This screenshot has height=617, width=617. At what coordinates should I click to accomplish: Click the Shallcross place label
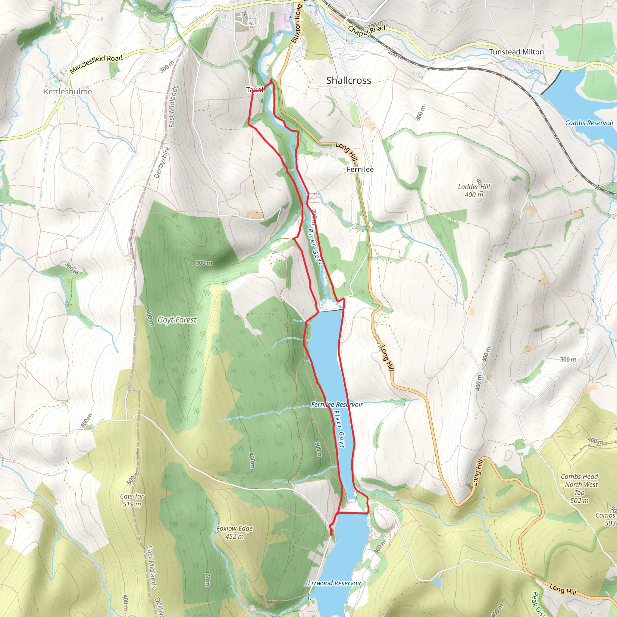[349, 80]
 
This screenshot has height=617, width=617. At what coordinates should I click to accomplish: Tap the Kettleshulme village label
[68, 92]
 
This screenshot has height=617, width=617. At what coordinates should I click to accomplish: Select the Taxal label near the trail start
[255, 90]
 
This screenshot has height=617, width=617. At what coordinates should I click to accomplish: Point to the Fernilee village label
[360, 169]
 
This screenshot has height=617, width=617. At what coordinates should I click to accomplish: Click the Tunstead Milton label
[516, 52]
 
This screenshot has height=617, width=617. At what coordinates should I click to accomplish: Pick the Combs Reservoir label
[589, 123]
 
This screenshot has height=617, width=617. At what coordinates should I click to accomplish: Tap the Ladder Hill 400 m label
[474, 191]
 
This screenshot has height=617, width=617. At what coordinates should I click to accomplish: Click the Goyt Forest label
[177, 320]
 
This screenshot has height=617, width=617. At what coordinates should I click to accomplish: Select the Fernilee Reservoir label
[337, 405]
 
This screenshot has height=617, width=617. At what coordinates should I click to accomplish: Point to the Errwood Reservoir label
[334, 583]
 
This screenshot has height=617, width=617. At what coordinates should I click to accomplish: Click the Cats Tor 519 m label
[132, 500]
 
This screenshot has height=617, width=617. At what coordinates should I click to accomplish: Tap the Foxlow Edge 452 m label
[234, 532]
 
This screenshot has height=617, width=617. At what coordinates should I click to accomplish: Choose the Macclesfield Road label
[96, 64]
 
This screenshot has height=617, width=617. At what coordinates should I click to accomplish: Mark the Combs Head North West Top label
[579, 488]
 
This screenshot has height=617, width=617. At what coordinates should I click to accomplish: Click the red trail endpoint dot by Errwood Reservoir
[330, 534]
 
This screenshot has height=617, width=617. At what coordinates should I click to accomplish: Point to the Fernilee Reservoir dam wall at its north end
[331, 309]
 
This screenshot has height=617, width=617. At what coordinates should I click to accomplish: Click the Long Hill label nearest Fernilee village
[346, 151]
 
